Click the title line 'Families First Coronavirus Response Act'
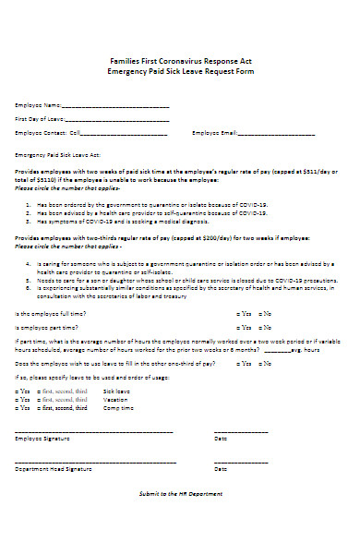point(180,60)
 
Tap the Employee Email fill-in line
point(277,133)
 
